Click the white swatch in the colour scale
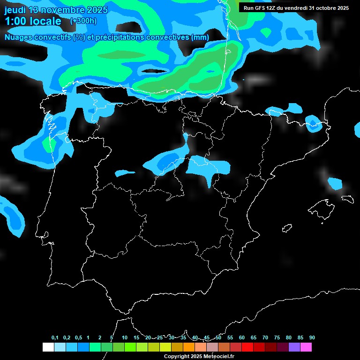[x=48, y=347]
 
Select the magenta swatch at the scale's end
[x=306, y=347]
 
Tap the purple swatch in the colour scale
[x=294, y=347]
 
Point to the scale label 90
[x=312, y=337]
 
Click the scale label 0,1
[x=55, y=337]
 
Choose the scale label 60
[x=242, y=337]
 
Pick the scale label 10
[x=125, y=337]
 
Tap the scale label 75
[x=277, y=337]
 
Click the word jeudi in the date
[x=15, y=10]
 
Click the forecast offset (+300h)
[x=84, y=21]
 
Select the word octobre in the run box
[x=322, y=8]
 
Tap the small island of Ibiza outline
[x=287, y=228]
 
